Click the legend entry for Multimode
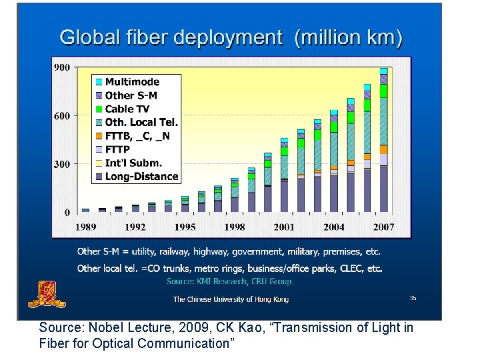point(131,81)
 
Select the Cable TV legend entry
point(127,109)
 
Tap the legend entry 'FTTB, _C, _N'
point(137,136)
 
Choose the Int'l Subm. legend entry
point(133,163)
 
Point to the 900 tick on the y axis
point(62,67)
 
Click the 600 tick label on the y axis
point(62,116)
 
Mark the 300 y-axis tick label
point(62,164)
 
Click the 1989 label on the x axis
point(85,227)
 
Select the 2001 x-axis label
point(283,227)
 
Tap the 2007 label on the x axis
point(383,227)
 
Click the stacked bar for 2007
point(383,140)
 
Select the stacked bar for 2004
point(334,159)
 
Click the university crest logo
point(42,293)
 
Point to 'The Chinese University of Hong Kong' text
point(231,299)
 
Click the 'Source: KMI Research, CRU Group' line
point(229,281)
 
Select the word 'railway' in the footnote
point(171,252)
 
